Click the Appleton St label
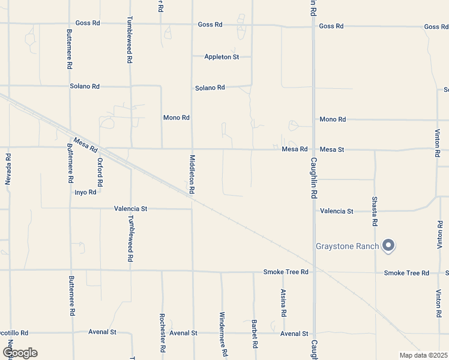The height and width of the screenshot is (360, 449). (221, 57)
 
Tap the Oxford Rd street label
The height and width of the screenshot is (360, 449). (100, 172)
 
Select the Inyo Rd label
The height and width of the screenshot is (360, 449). (85, 193)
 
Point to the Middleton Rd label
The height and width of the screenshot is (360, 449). (192, 173)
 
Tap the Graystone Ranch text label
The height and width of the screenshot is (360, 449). (348, 246)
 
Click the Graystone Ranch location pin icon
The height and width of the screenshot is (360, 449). (388, 245)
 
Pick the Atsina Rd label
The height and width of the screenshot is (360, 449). (283, 303)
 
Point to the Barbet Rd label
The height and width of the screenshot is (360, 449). (255, 334)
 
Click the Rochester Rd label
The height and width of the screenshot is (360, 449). (162, 332)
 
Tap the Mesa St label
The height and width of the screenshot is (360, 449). (332, 149)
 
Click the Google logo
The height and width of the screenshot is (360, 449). (19, 353)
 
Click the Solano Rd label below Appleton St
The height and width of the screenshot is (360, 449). (209, 88)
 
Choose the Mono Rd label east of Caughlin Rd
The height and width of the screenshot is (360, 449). (333, 119)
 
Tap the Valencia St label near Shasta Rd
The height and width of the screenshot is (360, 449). (337, 211)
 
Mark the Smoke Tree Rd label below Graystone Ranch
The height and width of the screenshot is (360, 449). (406, 273)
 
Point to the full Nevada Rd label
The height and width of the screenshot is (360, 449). (8, 169)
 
